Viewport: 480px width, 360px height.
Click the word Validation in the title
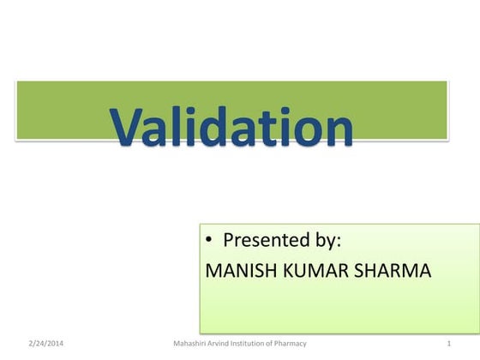(x=231, y=127)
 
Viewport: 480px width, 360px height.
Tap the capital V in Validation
(x=131, y=126)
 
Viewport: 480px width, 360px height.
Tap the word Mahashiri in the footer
(x=190, y=344)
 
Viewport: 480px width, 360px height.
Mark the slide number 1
(x=449, y=344)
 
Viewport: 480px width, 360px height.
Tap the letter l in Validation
(x=184, y=124)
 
